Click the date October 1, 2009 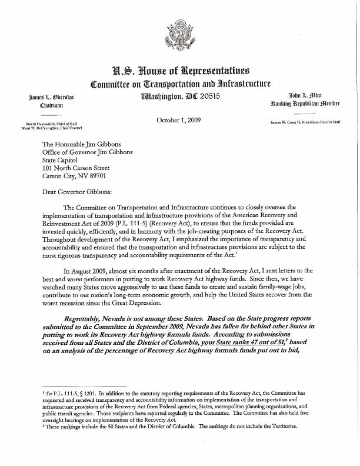(x=180, y=121)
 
